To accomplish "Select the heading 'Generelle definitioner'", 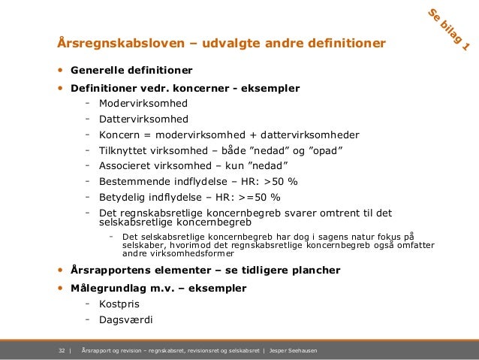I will click(x=131, y=71).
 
